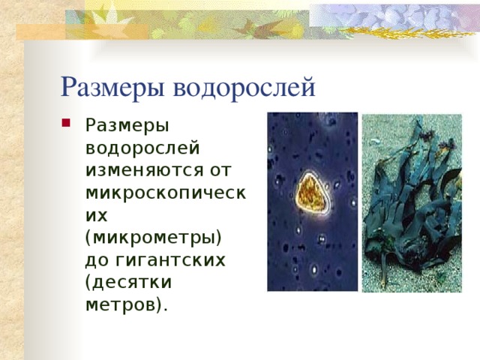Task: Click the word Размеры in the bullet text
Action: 127,124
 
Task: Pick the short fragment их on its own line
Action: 97,214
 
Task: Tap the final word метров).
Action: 126,305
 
